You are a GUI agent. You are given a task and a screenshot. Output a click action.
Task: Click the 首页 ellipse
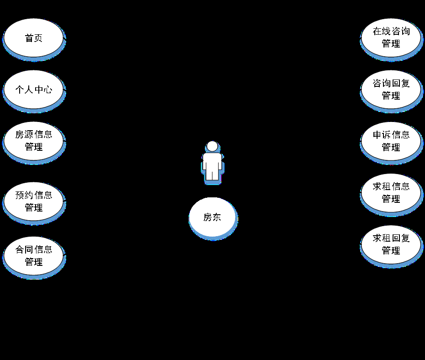pyautogui.click(x=33, y=38)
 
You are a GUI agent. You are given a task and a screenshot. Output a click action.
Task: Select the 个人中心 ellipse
pyautogui.click(x=33, y=90)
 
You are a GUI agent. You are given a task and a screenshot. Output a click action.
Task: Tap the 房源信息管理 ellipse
pyautogui.click(x=33, y=141)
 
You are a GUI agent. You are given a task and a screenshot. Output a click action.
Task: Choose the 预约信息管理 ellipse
pyautogui.click(x=33, y=201)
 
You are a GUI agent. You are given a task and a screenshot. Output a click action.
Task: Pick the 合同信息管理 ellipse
pyautogui.click(x=33, y=256)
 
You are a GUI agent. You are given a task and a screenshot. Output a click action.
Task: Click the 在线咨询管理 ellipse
pyautogui.click(x=391, y=38)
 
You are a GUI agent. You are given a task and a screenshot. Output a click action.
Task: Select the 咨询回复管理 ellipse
pyautogui.click(x=391, y=90)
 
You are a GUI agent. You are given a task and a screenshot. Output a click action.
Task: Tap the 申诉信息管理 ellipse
pyautogui.click(x=391, y=141)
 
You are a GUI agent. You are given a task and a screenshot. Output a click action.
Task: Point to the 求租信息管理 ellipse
pyautogui.click(x=391, y=193)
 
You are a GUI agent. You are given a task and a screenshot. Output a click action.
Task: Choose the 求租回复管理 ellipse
pyautogui.click(x=391, y=244)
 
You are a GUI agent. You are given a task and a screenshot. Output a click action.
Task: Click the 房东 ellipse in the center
pyautogui.click(x=212, y=217)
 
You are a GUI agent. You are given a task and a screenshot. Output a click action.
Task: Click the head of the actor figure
pyautogui.click(x=212, y=146)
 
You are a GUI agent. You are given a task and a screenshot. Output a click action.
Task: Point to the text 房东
pyautogui.click(x=212, y=217)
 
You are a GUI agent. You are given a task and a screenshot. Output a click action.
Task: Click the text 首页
pyautogui.click(x=33, y=38)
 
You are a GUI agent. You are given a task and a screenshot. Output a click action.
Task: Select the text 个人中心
pyautogui.click(x=33, y=90)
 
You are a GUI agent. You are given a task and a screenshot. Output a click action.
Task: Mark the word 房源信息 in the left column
pyautogui.click(x=33, y=135)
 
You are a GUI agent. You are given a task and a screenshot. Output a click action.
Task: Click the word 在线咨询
pyautogui.click(x=391, y=32)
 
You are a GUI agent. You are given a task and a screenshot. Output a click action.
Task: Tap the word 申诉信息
pyautogui.click(x=391, y=135)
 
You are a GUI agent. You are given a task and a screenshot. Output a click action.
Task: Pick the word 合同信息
pyautogui.click(x=33, y=250)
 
